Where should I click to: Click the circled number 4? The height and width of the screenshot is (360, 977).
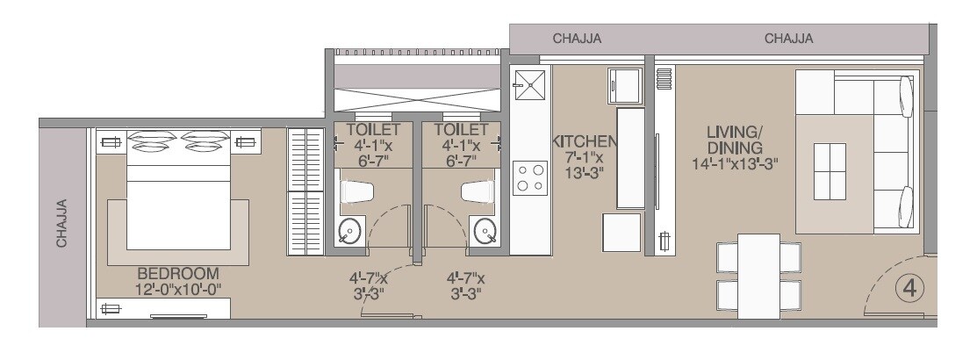tap(909, 288)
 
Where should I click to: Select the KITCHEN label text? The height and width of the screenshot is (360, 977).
tap(584, 140)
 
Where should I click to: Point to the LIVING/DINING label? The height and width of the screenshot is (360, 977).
tap(735, 139)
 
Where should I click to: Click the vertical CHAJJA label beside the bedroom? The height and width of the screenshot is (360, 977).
tap(62, 223)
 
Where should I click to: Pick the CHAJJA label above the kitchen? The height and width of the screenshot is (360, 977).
tap(577, 39)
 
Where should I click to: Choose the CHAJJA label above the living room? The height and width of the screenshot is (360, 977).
tap(788, 39)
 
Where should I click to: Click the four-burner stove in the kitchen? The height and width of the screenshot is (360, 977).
tap(529, 176)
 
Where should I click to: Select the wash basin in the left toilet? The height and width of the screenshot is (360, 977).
tap(349, 231)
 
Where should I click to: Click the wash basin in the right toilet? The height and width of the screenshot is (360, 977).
tap(485, 231)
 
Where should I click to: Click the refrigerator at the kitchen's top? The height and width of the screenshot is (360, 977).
tap(624, 85)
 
